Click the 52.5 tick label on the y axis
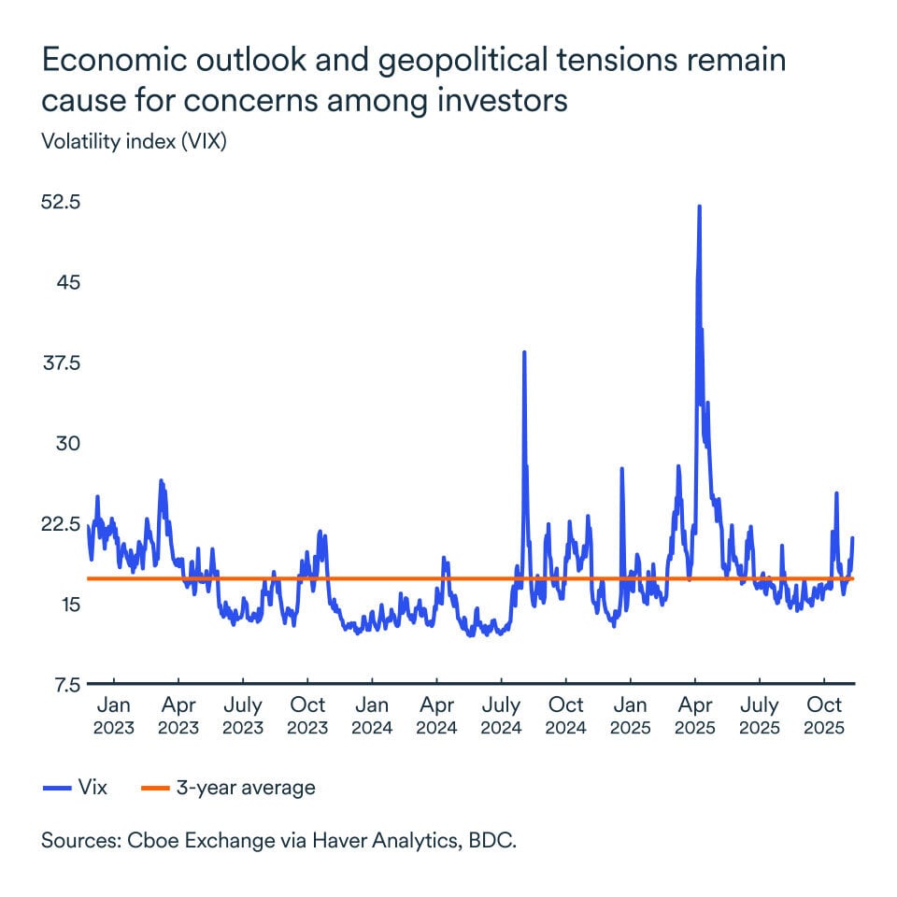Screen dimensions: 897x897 [62, 202]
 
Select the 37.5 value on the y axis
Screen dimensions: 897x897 [62, 363]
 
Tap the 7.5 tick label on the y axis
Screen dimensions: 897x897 [66, 684]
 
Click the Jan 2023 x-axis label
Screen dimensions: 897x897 [114, 716]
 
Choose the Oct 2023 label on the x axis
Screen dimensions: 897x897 [308, 716]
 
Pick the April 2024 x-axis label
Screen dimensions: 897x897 [437, 716]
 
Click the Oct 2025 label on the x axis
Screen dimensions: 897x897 [825, 716]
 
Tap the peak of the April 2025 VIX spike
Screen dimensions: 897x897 [699, 206]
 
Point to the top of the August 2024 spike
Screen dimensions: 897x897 [524, 352]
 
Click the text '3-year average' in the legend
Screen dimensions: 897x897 [245, 788]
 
